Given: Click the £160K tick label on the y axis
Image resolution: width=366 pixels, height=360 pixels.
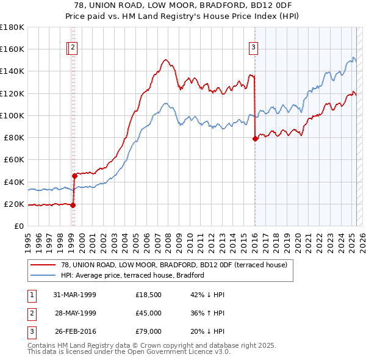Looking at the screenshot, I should coord(12,49).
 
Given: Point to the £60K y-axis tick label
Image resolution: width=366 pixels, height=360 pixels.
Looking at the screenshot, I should coord(14,160).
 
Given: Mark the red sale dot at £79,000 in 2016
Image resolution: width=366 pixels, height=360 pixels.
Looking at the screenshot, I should coord(254,139).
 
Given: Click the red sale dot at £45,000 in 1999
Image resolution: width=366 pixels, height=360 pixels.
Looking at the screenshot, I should coord(74,176).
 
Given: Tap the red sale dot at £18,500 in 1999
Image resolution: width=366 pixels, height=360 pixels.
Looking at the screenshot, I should coord(73,205).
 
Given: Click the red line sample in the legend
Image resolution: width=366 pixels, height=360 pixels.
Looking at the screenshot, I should coord(43,264).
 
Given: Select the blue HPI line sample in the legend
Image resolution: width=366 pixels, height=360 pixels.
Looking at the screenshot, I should coord(43,275).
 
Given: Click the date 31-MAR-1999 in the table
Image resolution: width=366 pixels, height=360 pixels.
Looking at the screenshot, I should coord(75,295).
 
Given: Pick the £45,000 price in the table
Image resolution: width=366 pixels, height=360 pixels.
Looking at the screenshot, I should coord(149,313).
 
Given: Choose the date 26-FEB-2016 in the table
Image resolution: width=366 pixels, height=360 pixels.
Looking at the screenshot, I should coord(75,331).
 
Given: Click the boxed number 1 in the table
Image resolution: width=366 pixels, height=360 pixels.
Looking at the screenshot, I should coord(31,295).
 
